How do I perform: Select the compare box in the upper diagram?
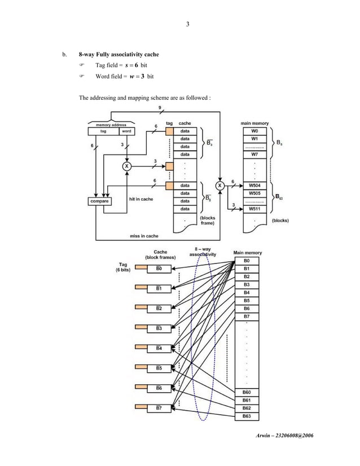[x=100, y=201]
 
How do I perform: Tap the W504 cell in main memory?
[x=254, y=184]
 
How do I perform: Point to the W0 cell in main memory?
[x=254, y=130]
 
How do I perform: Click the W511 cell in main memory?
[x=254, y=209]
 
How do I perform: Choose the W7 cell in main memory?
[x=254, y=154]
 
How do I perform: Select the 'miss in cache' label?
[x=144, y=236]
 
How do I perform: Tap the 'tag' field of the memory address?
[x=103, y=131]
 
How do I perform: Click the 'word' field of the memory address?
[x=126, y=131]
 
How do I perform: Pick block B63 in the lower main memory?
[x=247, y=416]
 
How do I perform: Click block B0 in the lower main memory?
[x=247, y=261]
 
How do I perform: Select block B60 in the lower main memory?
[x=247, y=392]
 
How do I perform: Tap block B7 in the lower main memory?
[x=247, y=316]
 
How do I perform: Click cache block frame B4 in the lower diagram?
[x=159, y=349]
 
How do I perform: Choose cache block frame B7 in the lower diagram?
[x=159, y=407]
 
